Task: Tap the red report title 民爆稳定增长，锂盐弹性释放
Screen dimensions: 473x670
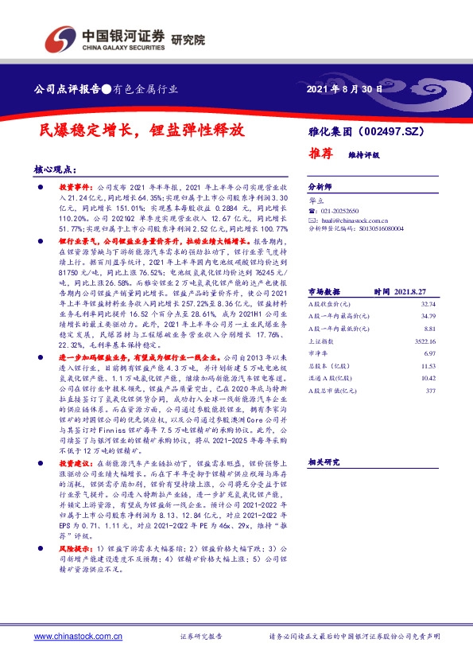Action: [x=141, y=130]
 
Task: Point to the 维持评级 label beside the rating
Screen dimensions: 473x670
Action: [x=364, y=156]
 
